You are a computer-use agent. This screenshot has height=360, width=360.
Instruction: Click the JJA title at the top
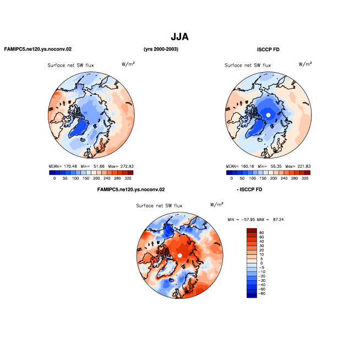pyautogui.click(x=179, y=37)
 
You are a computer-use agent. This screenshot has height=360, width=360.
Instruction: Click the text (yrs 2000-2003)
pyautogui.click(x=161, y=49)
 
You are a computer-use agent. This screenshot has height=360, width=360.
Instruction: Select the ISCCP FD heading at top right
pyautogui.click(x=268, y=50)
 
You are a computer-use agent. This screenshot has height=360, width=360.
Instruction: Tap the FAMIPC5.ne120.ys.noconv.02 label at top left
pyautogui.click(x=38, y=49)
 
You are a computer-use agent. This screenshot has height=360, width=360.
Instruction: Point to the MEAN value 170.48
pyautogui.click(x=70, y=166)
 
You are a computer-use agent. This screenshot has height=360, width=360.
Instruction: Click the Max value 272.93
pyautogui.click(x=127, y=166)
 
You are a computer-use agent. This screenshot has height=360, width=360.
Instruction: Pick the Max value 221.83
pyautogui.click(x=304, y=166)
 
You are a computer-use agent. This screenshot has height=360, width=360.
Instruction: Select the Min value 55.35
pyautogui.click(x=276, y=166)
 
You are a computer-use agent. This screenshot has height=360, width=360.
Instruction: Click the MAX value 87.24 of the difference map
pyautogui.click(x=279, y=220)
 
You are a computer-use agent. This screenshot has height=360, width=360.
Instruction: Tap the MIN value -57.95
pyautogui.click(x=248, y=220)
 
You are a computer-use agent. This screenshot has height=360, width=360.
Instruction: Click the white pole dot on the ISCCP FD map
pyautogui.click(x=268, y=115)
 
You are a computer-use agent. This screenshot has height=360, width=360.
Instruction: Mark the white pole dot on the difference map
pyautogui.click(x=180, y=255)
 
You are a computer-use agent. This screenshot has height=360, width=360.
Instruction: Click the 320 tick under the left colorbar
pyautogui.click(x=128, y=178)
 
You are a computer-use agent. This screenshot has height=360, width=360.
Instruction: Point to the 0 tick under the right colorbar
pyautogui.click(x=232, y=178)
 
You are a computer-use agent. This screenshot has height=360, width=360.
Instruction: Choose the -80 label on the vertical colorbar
pyautogui.click(x=261, y=293)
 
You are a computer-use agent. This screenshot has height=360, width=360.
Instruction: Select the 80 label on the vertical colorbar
pyautogui.click(x=261, y=233)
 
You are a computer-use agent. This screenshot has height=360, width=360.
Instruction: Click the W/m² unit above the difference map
pyautogui.click(x=217, y=204)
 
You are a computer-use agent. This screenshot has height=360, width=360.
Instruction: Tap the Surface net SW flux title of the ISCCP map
pyautogui.click(x=248, y=65)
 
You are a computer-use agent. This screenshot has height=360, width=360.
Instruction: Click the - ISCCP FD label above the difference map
pyautogui.click(x=249, y=189)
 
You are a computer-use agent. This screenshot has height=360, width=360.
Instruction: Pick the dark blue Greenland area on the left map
pyautogui.click(x=79, y=129)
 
